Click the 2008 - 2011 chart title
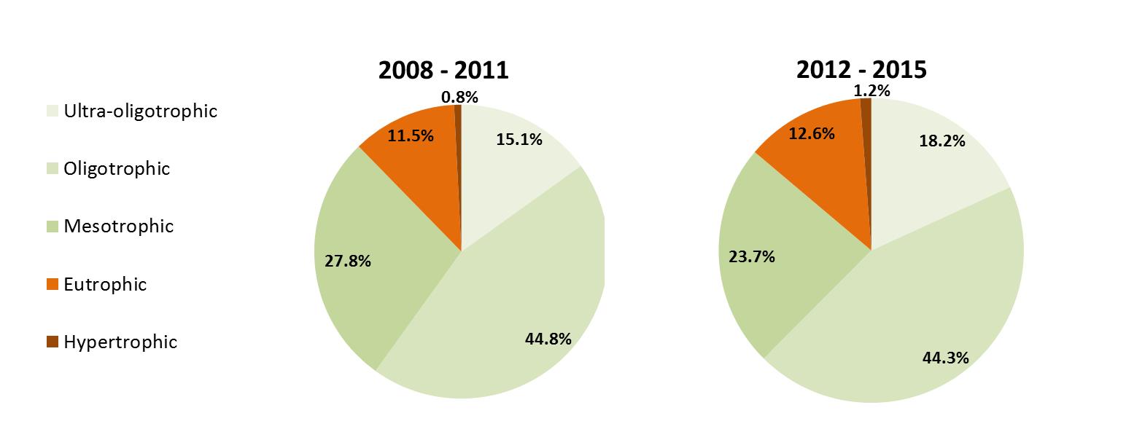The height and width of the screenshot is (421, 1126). [443, 70]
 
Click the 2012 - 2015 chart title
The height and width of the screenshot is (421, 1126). [861, 69]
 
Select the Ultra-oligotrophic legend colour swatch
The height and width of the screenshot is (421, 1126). [52, 111]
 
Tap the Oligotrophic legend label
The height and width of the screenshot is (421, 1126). [117, 169]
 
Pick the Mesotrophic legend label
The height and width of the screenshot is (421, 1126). [119, 227]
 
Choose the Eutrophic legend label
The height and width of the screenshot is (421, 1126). [105, 284]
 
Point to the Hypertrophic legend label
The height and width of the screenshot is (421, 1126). [120, 342]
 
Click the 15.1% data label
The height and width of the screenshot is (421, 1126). [519, 139]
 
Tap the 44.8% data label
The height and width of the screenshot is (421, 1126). [548, 338]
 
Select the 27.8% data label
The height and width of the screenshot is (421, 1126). [348, 260]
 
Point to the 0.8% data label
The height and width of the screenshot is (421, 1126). [459, 96]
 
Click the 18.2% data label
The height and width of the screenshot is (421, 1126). [942, 141]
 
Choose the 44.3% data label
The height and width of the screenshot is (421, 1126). [946, 357]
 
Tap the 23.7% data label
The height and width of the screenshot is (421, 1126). [752, 256]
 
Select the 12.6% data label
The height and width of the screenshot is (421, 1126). [811, 133]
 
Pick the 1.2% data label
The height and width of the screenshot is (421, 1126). [871, 90]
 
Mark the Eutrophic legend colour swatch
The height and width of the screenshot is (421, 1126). [52, 284]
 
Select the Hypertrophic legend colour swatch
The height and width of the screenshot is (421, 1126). [52, 342]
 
